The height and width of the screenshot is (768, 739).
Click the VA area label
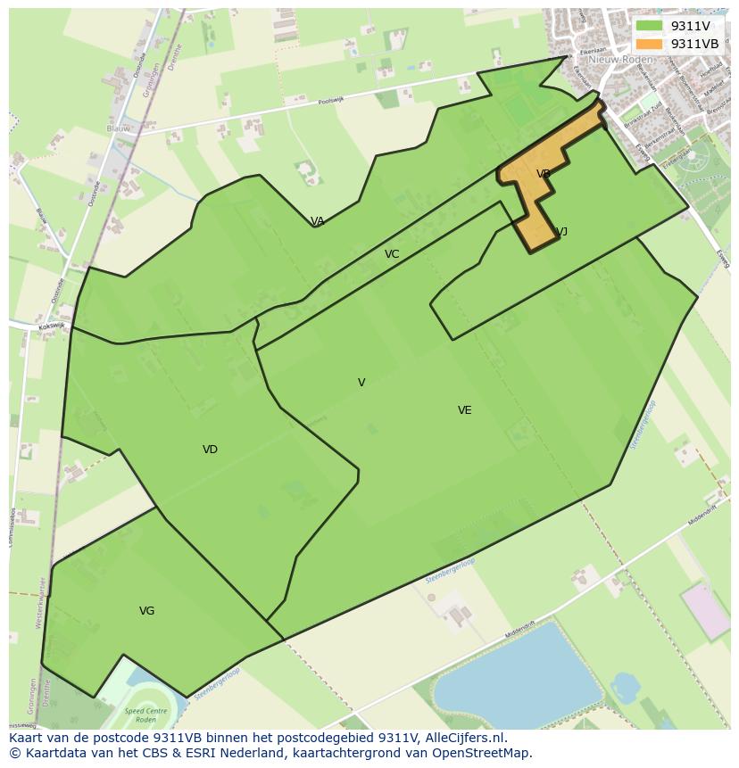coord(317,221)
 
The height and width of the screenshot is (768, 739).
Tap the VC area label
coord(392,254)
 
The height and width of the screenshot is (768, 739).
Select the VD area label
coord(210,450)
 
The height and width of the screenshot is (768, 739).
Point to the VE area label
coord(464,410)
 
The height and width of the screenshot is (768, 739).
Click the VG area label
coord(147,611)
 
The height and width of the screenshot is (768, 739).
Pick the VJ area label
coord(561,232)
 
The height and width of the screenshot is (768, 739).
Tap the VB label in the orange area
coord(543,174)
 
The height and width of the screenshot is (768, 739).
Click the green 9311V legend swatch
coord(649,26)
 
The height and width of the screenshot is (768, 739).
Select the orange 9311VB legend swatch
coord(649,44)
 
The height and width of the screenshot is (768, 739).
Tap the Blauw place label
coord(118,128)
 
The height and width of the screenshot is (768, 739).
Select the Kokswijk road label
coord(52,326)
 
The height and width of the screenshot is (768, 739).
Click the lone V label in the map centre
coord(361,383)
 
